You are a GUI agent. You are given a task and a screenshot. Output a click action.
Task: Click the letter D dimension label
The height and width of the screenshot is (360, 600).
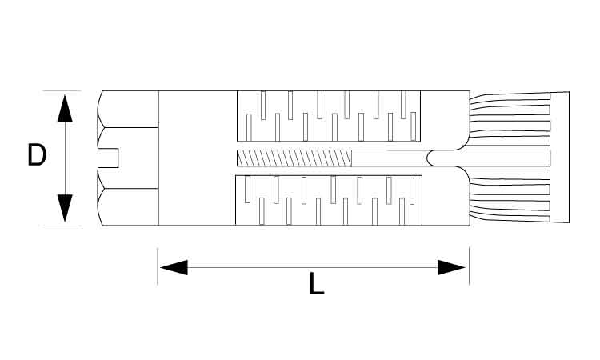[x=37, y=155]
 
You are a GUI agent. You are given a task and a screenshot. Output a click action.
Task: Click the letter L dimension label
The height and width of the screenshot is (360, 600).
[x=317, y=283]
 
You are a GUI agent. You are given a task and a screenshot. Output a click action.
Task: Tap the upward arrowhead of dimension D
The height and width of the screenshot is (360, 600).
[x=65, y=108]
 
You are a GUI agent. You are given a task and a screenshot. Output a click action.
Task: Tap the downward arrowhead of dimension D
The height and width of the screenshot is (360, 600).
[x=65, y=208]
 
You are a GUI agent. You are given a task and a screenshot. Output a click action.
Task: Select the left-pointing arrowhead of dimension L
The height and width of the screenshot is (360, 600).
[x=174, y=267]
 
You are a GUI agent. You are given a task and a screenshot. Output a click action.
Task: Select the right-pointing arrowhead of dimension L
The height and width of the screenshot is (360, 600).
[x=451, y=267]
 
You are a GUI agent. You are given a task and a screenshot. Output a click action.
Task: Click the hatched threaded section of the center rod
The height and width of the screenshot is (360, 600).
[x=294, y=158]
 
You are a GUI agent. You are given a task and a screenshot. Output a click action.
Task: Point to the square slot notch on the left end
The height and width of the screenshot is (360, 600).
[x=108, y=158]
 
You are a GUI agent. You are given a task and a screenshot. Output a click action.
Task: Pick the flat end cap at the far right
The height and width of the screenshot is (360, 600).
[x=559, y=158]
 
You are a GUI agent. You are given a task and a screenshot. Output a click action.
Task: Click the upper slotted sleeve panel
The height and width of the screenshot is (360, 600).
[x=329, y=116]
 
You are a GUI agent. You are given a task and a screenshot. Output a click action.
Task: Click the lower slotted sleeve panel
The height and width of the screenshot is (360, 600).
[x=329, y=200]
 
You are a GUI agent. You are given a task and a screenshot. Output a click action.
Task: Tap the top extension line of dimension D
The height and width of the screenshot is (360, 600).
[x=62, y=90]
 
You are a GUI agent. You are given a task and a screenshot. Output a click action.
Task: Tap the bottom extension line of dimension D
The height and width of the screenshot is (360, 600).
[x=62, y=226]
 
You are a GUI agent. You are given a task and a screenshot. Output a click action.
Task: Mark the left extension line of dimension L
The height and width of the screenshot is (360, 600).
[x=158, y=266]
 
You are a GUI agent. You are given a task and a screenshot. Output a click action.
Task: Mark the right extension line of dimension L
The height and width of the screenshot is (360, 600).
[x=469, y=266]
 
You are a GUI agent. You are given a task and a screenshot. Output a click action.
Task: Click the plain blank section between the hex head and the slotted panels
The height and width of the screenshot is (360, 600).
[x=197, y=158]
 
